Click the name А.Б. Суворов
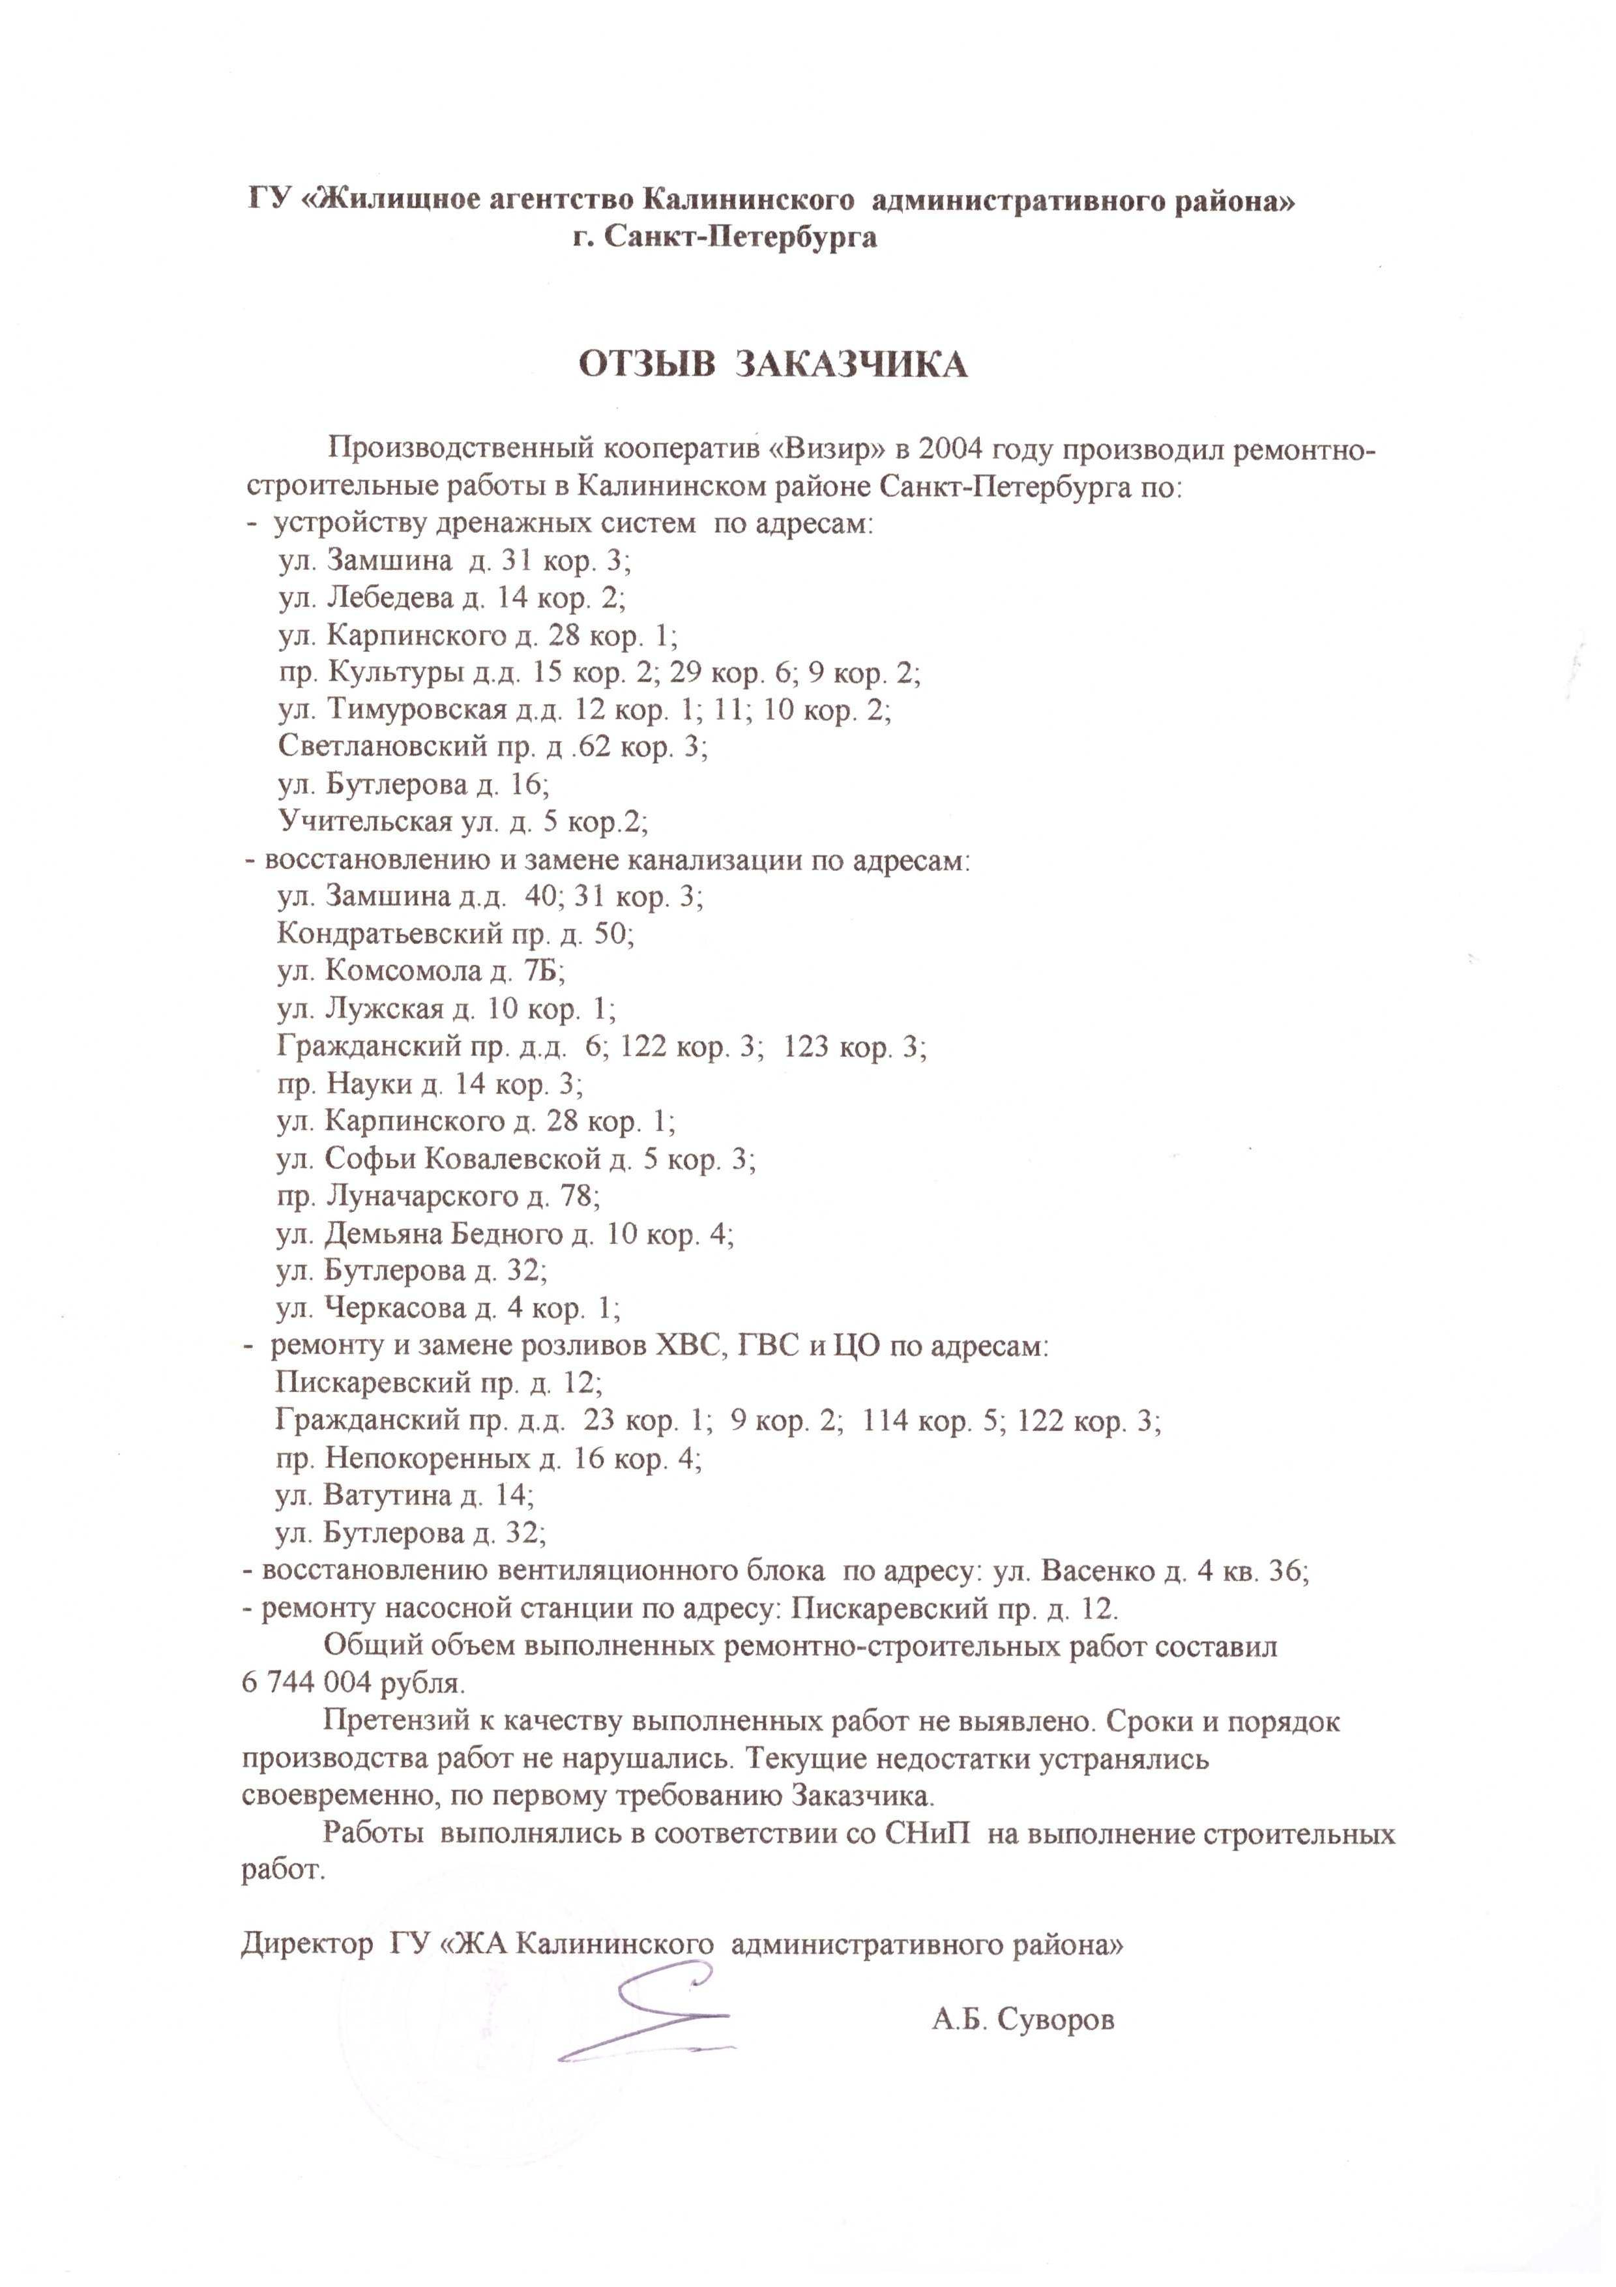click(x=1023, y=2020)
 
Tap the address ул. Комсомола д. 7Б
click(x=421, y=971)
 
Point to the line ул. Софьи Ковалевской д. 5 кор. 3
click(x=516, y=1158)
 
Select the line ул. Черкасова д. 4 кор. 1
click(x=448, y=1308)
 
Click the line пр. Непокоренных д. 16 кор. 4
click(x=489, y=1459)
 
